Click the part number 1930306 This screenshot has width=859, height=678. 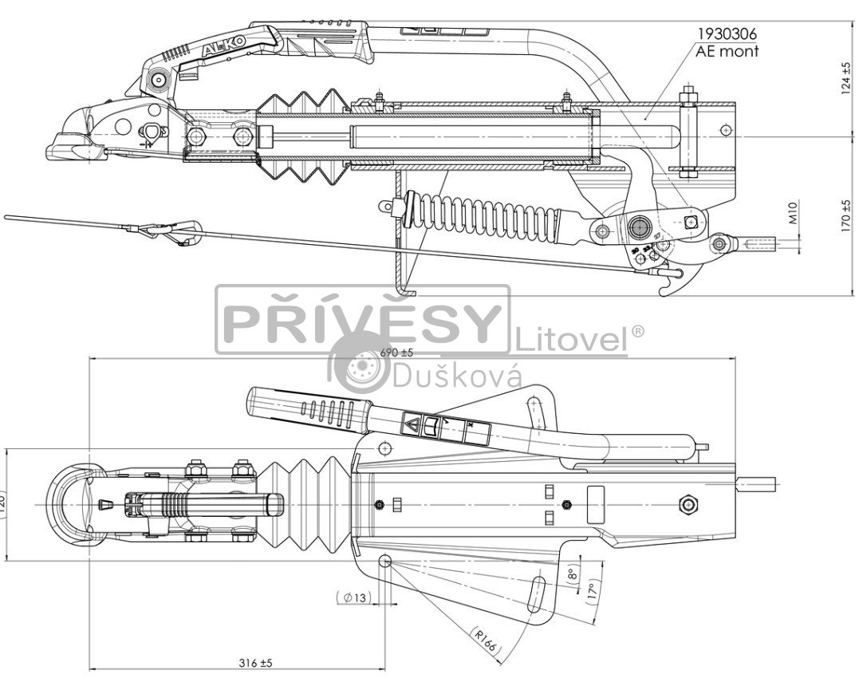coord(727,34)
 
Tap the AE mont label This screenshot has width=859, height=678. coord(727,52)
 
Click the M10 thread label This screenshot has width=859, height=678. coord(794,213)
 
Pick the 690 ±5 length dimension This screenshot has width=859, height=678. coord(396,352)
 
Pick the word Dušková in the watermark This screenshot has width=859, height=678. coord(456,375)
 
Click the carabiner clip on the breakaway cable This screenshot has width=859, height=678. coord(177,233)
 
